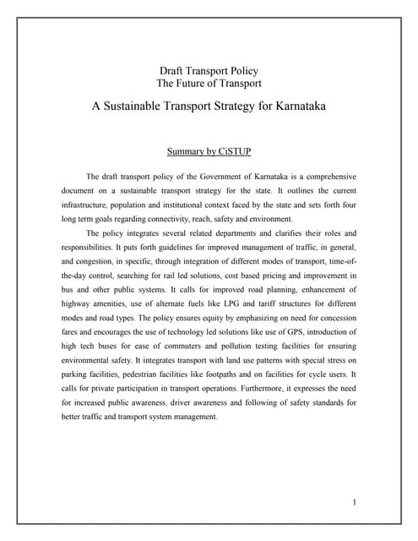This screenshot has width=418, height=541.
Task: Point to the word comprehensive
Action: point(323,177)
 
